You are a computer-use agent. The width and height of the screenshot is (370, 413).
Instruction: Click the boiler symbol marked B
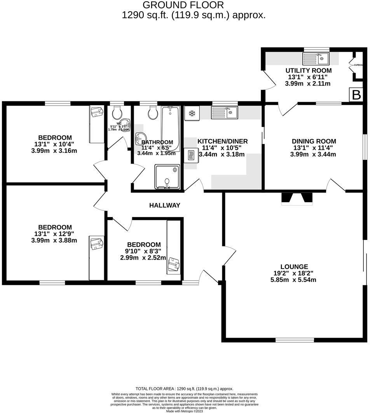[x=356, y=95]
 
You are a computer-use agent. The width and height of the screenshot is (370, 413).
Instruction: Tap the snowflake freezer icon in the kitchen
[x=192, y=113]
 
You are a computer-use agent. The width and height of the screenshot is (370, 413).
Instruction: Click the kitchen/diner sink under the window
[x=225, y=113]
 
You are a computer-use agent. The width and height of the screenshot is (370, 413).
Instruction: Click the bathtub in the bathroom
[x=170, y=128]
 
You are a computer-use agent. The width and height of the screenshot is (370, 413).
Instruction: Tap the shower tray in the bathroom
[x=168, y=177]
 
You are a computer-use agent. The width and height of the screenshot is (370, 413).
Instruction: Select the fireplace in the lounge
[x=297, y=198]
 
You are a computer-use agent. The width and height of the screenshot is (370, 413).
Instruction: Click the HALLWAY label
[x=165, y=205]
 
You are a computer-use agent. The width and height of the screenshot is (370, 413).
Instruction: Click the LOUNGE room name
[x=294, y=267]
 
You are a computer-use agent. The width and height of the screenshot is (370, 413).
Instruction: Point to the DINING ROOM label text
[x=314, y=141]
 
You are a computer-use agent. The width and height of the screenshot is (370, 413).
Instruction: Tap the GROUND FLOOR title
[x=183, y=5]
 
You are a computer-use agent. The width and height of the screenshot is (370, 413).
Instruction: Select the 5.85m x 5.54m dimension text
[x=294, y=279]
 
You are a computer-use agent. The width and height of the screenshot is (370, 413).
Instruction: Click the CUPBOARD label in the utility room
[x=358, y=65]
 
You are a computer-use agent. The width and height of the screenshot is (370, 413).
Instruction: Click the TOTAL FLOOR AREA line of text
[x=184, y=389]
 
